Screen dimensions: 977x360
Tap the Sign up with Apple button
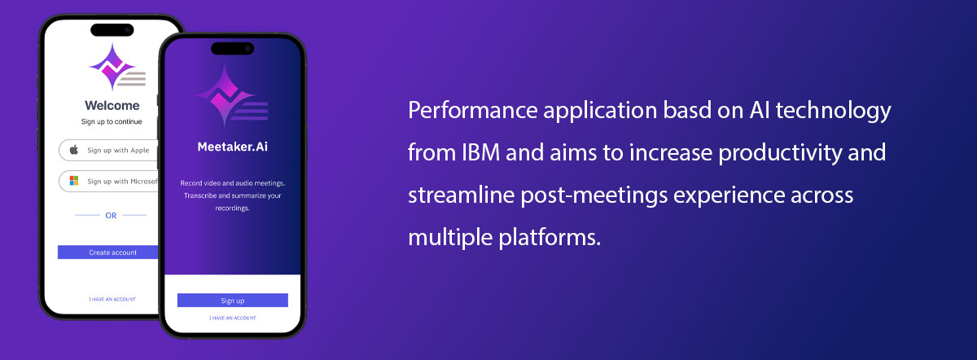tap(109, 150)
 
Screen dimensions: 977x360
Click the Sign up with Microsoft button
tap(109, 181)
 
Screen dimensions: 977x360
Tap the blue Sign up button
tap(233, 301)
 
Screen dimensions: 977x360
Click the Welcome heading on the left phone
tap(112, 106)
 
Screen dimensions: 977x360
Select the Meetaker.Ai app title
tap(233, 147)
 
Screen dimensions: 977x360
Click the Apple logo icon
tap(74, 150)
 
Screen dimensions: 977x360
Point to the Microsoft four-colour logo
tap(74, 181)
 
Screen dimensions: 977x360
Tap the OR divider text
tap(111, 216)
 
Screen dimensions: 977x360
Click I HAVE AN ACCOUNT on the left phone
tap(112, 300)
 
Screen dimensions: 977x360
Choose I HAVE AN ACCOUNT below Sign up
tap(233, 318)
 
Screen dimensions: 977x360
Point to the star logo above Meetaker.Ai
tap(231, 95)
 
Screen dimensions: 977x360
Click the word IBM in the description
tap(480, 153)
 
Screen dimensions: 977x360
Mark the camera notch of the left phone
tap(112, 29)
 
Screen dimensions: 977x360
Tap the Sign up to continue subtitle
tap(112, 121)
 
